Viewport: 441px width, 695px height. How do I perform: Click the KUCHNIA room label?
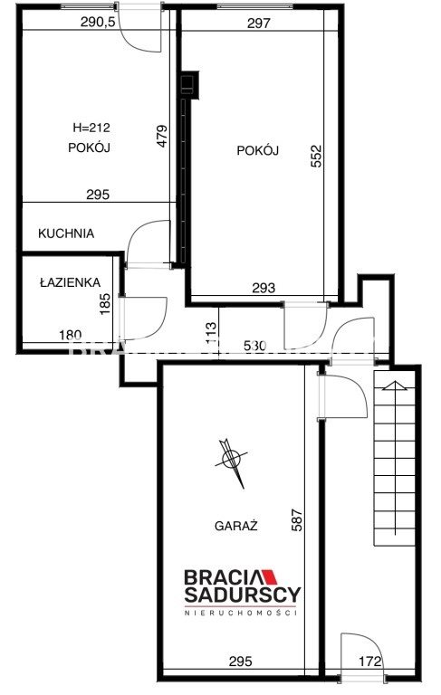pyautogui.click(x=66, y=233)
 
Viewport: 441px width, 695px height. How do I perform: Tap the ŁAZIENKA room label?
pyautogui.click(x=70, y=282)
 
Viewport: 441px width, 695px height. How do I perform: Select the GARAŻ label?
pyautogui.click(x=236, y=526)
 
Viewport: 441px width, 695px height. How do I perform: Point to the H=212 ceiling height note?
pyautogui.click(x=91, y=129)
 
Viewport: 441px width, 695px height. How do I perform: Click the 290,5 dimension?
pyautogui.click(x=98, y=22)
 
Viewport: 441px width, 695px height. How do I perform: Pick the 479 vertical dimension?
pyautogui.click(x=162, y=136)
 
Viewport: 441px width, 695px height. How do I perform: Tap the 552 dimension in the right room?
pyautogui.click(x=316, y=156)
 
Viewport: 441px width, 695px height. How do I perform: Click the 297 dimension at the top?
pyautogui.click(x=259, y=23)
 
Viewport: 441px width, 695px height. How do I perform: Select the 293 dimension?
pyautogui.click(x=264, y=288)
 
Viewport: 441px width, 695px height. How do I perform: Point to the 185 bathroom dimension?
pyautogui.click(x=105, y=304)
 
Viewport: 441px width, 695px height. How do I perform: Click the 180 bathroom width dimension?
pyautogui.click(x=71, y=335)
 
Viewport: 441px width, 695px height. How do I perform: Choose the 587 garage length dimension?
pyautogui.click(x=296, y=520)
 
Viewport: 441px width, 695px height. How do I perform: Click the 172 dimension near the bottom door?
pyautogui.click(x=370, y=662)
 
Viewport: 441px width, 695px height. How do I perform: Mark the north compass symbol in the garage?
pyautogui.click(x=231, y=460)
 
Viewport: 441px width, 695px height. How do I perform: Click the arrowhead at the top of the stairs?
pyautogui.click(x=395, y=385)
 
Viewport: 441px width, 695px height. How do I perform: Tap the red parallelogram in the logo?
pyautogui.click(x=269, y=577)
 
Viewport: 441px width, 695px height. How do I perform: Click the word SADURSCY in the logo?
pyautogui.click(x=243, y=595)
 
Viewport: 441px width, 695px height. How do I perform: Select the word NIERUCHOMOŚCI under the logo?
pyautogui.click(x=241, y=613)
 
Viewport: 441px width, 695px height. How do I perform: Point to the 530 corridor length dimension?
pyautogui.click(x=255, y=346)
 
